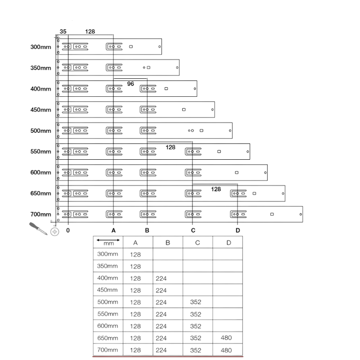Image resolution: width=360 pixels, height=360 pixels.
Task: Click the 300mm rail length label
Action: tap(40, 47)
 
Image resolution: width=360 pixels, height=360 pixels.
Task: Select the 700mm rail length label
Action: tap(40, 214)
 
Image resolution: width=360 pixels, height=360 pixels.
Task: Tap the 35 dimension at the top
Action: tap(63, 31)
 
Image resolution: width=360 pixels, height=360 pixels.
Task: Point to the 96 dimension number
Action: tap(130, 84)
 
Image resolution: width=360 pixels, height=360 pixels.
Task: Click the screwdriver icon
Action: tap(38, 229)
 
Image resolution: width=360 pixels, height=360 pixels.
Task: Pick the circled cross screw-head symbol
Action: tap(54, 232)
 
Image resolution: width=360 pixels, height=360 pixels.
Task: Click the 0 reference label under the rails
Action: tap(68, 230)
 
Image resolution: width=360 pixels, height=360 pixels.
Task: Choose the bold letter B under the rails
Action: tap(147, 230)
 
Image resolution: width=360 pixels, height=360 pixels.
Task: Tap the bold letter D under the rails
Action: tap(238, 230)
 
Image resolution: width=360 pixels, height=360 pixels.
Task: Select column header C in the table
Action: tap(198, 243)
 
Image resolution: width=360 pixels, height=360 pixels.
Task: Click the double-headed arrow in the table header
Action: tap(108, 240)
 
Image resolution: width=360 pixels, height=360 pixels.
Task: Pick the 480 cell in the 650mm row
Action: tap(226, 338)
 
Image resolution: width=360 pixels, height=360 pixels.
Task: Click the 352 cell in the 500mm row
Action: tap(196, 302)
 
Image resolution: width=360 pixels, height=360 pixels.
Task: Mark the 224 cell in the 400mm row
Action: tap(161, 279)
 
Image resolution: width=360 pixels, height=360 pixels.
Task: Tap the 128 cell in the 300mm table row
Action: tap(135, 255)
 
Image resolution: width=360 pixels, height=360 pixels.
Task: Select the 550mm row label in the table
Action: tap(108, 314)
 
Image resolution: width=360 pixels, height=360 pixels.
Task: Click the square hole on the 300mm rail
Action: tap(131, 47)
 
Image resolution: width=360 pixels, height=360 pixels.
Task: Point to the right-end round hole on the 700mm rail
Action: tap(301, 215)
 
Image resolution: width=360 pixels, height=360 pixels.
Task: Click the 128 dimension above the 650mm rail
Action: tap(216, 189)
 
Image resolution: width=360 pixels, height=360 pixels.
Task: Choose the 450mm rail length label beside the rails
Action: tap(40, 110)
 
